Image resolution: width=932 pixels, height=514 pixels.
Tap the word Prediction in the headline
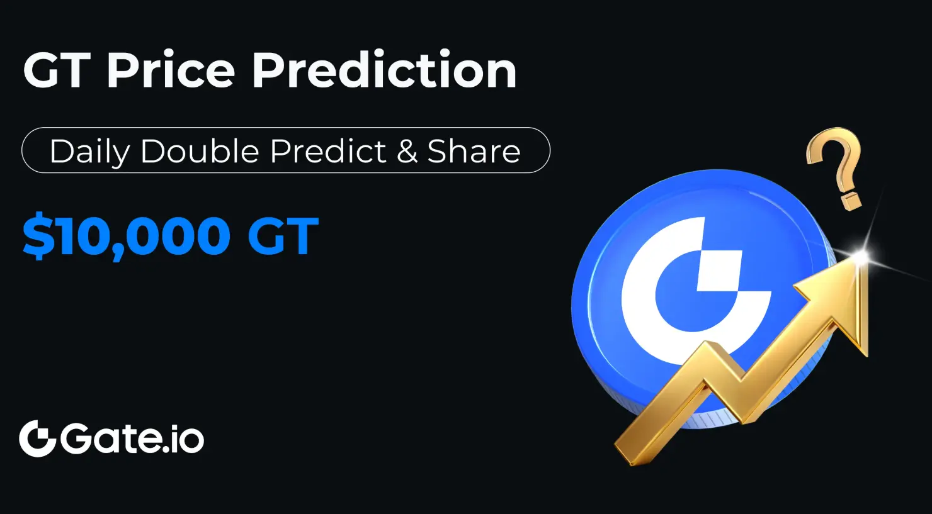tap(384, 69)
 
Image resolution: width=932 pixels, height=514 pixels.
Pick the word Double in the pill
tap(200, 151)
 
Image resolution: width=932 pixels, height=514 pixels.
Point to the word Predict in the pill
tap(328, 151)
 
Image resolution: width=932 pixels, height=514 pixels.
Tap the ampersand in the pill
tap(407, 151)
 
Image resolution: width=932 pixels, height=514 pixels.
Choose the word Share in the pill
tap(474, 151)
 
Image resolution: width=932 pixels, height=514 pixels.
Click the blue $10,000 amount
tap(126, 235)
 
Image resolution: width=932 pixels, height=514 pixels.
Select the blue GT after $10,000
tap(283, 235)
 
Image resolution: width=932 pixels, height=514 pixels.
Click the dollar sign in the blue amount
tap(38, 235)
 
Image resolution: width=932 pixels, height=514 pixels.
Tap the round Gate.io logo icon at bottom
tap(37, 439)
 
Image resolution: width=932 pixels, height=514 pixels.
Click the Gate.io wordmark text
tap(132, 439)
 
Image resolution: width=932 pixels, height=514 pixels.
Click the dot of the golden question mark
tap(851, 201)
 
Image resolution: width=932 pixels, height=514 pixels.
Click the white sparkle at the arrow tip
tap(861, 257)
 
